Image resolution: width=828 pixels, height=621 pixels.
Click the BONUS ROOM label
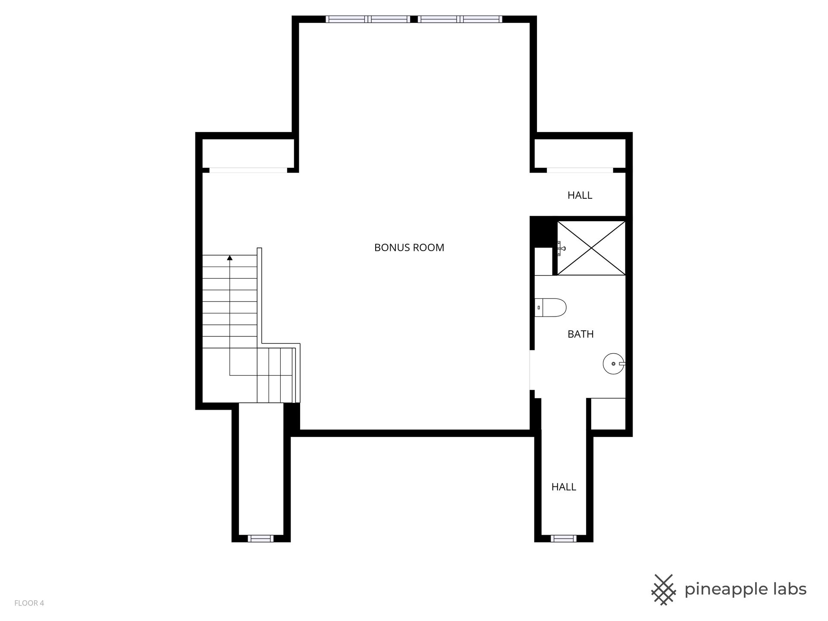[409, 248]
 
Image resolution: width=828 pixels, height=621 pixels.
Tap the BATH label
[580, 334]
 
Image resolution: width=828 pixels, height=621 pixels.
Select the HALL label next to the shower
[580, 195]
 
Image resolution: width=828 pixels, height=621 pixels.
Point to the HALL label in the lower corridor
[564, 487]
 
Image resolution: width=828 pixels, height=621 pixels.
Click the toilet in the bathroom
[550, 307]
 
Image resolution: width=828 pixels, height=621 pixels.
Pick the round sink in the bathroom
[614, 364]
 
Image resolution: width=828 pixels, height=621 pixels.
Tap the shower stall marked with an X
[591, 248]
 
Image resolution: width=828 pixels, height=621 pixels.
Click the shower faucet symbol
[561, 248]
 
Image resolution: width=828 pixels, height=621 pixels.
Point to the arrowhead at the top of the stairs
[230, 258]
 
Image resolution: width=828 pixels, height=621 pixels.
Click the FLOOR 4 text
[29, 603]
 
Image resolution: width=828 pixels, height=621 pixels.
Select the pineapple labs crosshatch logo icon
[664, 590]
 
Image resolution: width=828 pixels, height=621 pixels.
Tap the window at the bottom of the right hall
[564, 538]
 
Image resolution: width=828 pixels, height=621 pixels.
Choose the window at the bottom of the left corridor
[260, 538]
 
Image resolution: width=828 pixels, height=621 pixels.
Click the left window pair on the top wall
[368, 19]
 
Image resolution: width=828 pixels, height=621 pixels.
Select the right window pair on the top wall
[460, 19]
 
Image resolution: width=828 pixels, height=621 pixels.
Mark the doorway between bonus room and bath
[532, 370]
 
